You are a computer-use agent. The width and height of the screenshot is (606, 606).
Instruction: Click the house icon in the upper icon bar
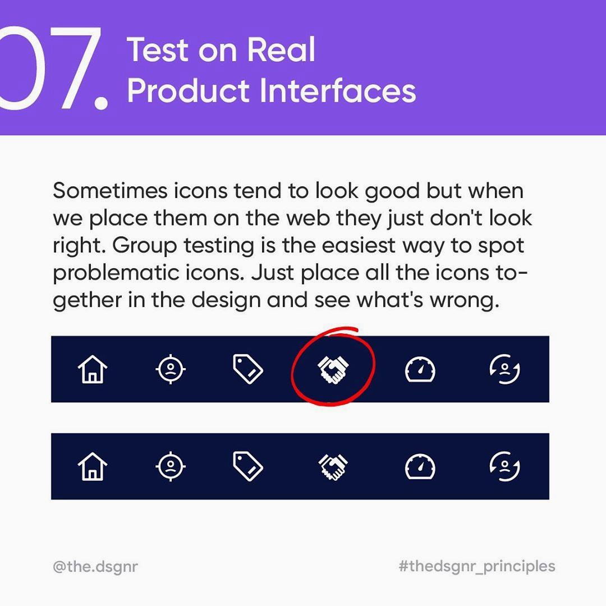(93, 369)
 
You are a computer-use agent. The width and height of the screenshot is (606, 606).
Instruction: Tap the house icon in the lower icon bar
(93, 466)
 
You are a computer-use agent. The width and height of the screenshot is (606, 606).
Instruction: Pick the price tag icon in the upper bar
(248, 369)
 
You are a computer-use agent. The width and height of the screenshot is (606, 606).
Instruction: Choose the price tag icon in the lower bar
(248, 466)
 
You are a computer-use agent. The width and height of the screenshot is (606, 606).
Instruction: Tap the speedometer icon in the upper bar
(420, 369)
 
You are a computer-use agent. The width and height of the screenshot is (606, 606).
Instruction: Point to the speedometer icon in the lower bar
(420, 466)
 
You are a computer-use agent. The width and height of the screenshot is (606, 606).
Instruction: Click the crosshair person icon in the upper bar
(171, 369)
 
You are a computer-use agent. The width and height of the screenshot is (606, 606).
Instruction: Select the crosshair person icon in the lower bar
(171, 466)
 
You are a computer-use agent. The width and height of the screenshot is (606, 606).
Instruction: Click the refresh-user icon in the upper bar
(505, 369)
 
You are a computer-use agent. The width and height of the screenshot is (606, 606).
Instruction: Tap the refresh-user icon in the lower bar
(505, 466)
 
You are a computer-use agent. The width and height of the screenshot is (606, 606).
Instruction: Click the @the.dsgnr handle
(95, 567)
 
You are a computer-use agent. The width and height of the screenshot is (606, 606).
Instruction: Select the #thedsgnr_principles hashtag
(477, 566)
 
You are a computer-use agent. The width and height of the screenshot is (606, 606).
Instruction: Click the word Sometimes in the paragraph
(110, 191)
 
